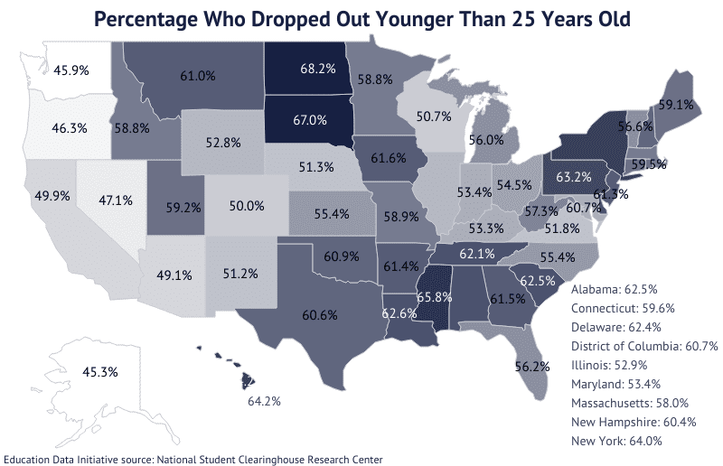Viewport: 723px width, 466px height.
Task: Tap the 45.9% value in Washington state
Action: click(x=70, y=69)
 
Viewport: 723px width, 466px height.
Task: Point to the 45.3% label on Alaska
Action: click(x=73, y=371)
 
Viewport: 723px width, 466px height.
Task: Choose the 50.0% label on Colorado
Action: click(x=247, y=207)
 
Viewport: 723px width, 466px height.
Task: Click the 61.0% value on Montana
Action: click(x=197, y=77)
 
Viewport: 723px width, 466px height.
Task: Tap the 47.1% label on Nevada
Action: click(x=117, y=200)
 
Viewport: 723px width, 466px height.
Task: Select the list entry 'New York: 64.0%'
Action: click(x=617, y=442)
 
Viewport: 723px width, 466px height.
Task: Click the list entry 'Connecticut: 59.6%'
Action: click(x=623, y=309)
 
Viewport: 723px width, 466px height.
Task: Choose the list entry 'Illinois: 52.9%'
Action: click(x=610, y=366)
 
